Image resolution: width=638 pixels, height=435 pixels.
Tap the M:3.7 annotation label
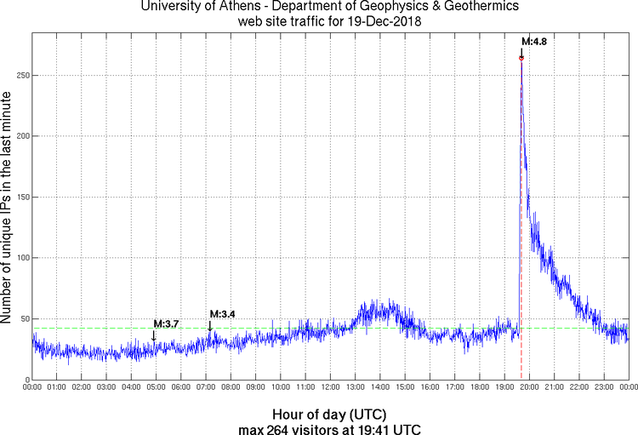166,323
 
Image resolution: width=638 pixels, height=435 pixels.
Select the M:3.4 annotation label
222,314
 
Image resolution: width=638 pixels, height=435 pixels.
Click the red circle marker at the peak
521,58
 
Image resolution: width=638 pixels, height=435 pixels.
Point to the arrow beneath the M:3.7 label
154,335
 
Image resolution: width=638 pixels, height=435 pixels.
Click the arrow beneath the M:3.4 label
210,326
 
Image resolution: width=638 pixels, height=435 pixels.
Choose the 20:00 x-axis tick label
529,387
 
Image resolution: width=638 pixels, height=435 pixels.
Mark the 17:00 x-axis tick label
454,387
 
